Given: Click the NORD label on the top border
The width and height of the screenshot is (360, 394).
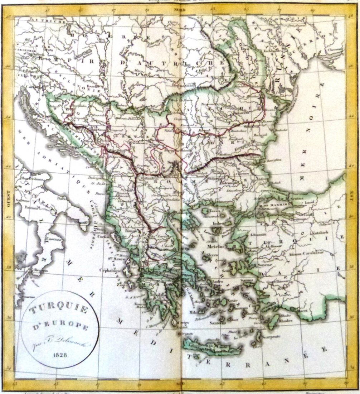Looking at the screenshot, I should pos(180,10).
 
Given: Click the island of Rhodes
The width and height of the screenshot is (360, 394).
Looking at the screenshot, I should pos(274,321).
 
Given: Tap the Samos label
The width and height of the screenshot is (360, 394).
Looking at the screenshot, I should pos(246,280).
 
